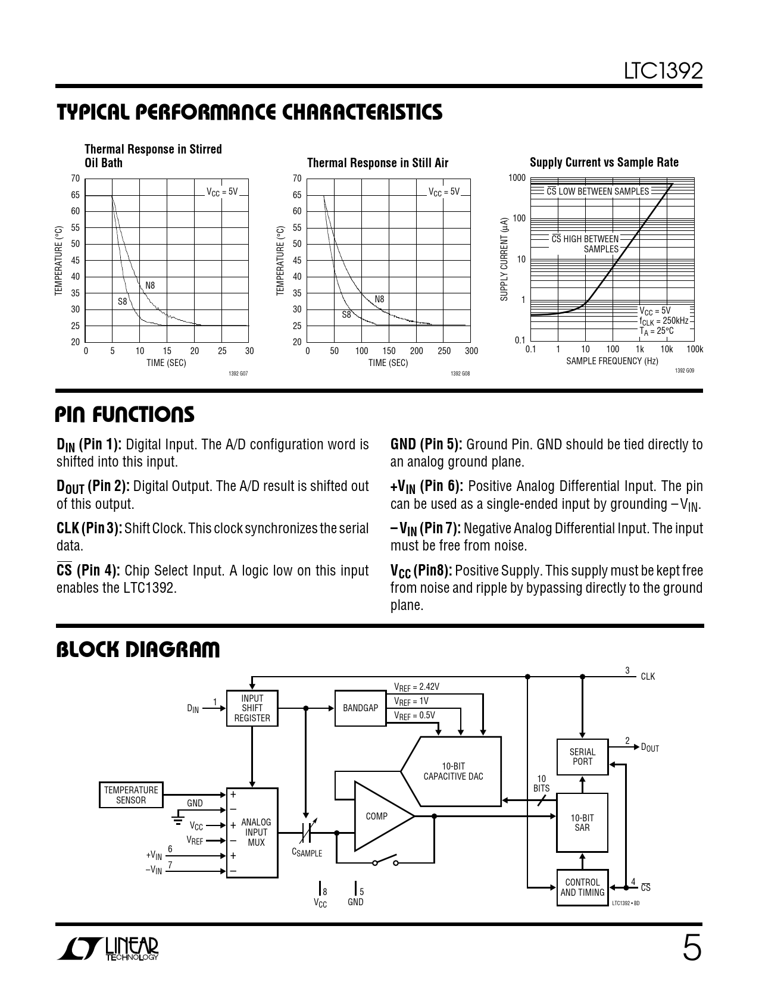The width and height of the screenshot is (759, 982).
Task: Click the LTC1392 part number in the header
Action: (663, 71)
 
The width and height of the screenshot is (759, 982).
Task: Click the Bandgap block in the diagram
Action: (360, 708)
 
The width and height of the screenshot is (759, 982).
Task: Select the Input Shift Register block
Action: (252, 708)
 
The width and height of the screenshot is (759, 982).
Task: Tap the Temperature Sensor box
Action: (131, 795)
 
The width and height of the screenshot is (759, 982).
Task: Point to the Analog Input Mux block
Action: (255, 833)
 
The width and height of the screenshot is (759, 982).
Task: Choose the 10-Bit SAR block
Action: (582, 822)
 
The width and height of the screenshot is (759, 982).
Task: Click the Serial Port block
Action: (582, 756)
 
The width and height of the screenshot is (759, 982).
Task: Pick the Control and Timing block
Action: (582, 887)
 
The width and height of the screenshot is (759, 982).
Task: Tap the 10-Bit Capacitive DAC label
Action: (453, 771)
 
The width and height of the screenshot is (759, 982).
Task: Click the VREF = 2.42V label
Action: (417, 687)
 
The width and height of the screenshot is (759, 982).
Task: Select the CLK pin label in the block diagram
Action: (648, 677)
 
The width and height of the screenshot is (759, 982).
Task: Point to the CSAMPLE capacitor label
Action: (307, 853)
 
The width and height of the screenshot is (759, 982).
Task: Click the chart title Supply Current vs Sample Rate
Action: (604, 162)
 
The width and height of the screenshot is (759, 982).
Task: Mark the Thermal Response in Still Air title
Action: (377, 163)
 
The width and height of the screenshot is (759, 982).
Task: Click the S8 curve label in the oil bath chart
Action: (122, 302)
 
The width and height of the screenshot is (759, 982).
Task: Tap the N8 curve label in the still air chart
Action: (379, 299)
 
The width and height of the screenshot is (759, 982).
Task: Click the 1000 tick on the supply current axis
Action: (517, 178)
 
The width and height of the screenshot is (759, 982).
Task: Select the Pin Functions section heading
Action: (125, 415)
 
